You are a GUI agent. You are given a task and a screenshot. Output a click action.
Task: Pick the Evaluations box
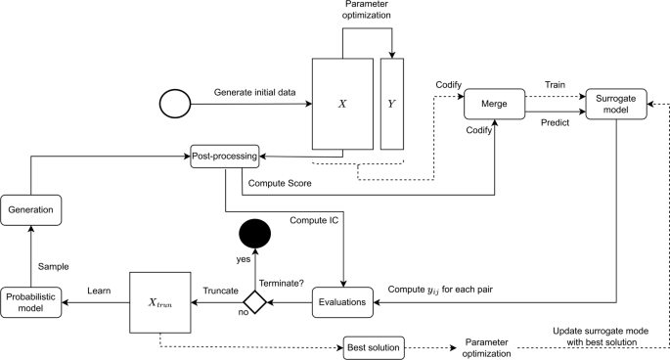click(342, 302)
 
